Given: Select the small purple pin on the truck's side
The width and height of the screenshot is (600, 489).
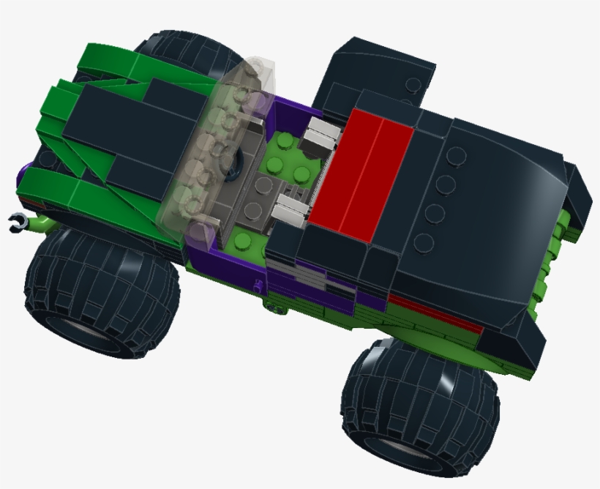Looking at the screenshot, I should [x=257, y=284].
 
